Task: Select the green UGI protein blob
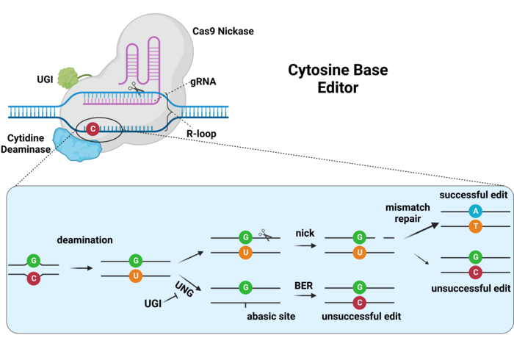(x=68, y=78)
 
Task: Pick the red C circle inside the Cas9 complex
(x=93, y=129)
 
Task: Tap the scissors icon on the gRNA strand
(x=134, y=89)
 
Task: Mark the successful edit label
(x=471, y=195)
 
